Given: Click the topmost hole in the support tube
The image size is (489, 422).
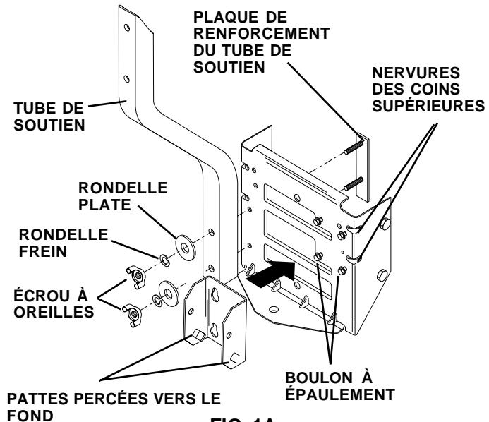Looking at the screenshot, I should [x=126, y=27].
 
